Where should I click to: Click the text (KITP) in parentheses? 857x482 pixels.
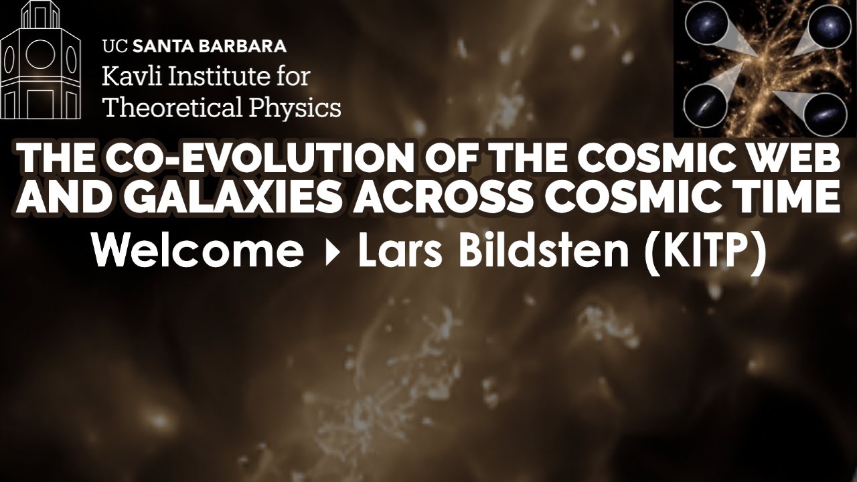703,252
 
